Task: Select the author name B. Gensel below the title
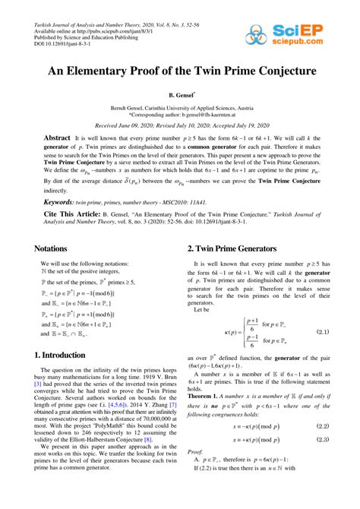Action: [x=179, y=96]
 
